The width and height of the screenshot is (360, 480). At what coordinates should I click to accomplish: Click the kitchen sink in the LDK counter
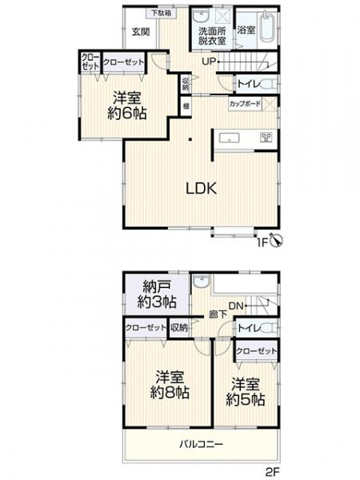tap(230, 138)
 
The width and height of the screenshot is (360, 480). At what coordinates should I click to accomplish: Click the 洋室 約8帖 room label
tap(171, 385)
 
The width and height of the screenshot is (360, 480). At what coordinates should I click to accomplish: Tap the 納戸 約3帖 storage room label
tap(157, 294)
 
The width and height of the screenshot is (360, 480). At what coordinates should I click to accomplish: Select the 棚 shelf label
tap(186, 104)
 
